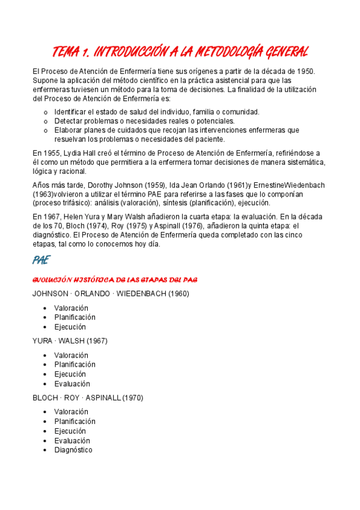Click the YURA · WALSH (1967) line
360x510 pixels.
point(70,341)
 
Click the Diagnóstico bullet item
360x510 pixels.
point(73,450)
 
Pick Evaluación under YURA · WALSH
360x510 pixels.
point(72,384)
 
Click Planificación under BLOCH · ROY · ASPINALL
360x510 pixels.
point(75,421)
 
